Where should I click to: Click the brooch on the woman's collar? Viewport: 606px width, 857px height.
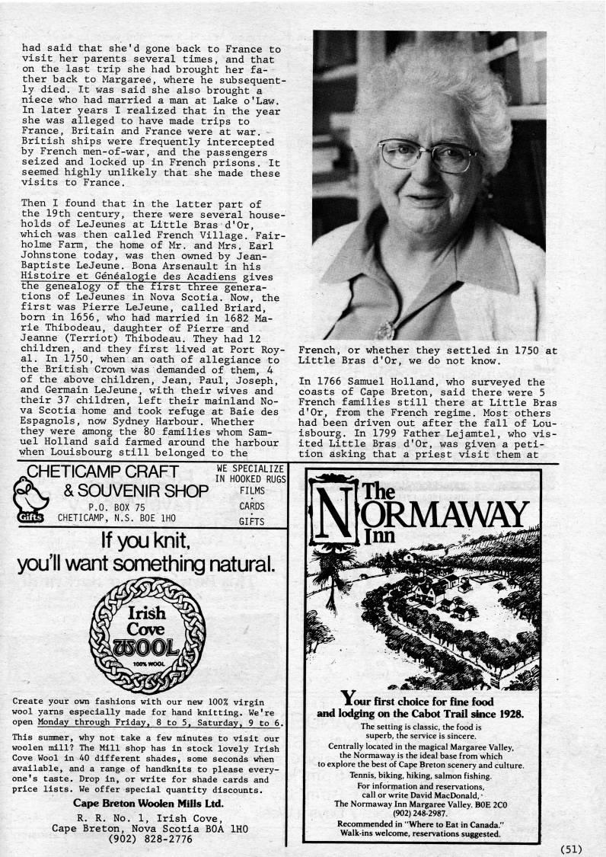[386, 329]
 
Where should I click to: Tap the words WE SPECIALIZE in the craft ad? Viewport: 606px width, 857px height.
[250, 468]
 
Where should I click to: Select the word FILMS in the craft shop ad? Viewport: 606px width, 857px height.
[251, 491]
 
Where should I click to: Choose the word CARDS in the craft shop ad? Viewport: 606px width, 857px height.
[251, 506]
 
